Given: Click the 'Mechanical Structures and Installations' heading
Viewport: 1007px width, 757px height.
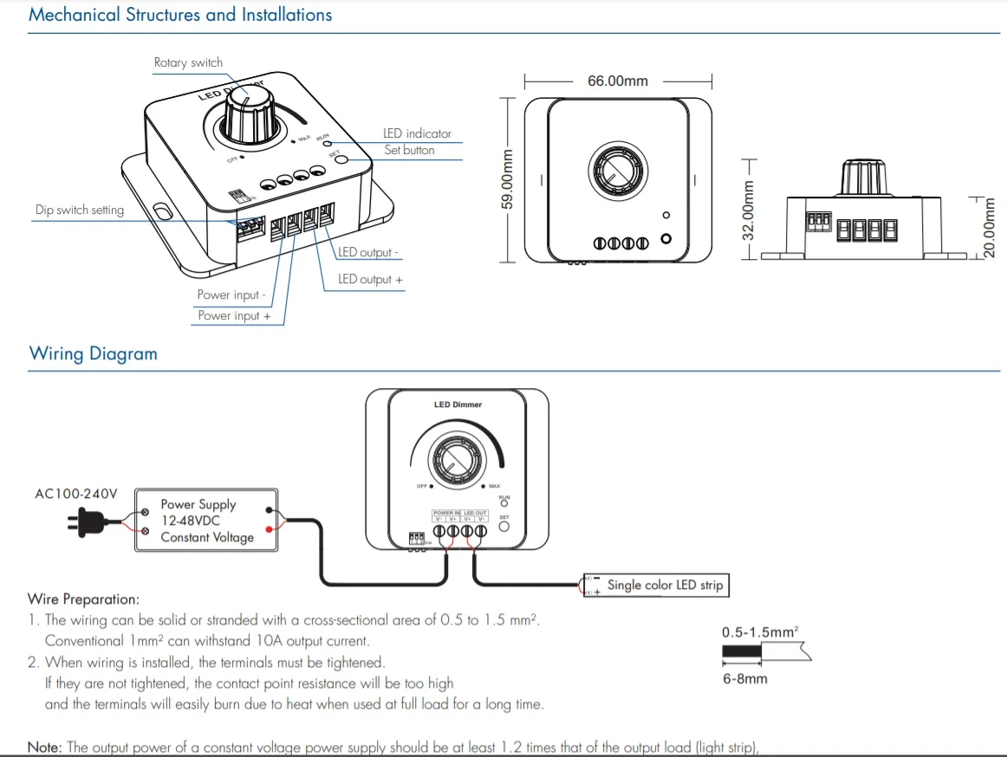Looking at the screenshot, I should pos(180,15).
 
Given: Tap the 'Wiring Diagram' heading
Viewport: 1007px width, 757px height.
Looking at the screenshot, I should pos(94,353).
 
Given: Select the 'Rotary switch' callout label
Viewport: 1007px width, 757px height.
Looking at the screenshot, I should pos(188,62).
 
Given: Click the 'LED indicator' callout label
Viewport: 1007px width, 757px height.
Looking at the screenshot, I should pos(417,133).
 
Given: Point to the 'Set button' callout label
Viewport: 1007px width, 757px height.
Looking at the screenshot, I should pos(409,150).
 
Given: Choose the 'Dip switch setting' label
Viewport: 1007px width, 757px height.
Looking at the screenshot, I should pos(80,210).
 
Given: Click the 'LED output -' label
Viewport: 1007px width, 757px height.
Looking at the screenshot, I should pos(368,252).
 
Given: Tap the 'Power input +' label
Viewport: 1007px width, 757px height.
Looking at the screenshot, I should pos(234,316).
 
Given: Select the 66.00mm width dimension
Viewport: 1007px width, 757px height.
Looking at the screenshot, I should pos(618,81).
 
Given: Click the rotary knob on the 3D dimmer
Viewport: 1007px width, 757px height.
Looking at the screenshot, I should pos(247,114).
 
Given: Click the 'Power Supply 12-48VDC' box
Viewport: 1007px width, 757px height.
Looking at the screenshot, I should pos(206,520).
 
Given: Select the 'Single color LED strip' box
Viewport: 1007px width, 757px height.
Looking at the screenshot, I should pos(664,585).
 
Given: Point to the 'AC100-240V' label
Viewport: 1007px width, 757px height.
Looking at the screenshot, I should pos(75,494).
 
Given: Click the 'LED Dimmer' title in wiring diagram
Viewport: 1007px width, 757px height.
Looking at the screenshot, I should pos(458,404).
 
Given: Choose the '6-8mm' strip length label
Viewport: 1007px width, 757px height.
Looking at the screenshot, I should pos(745,678).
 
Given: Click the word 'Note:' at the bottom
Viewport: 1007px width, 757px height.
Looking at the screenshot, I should pos(45,747).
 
